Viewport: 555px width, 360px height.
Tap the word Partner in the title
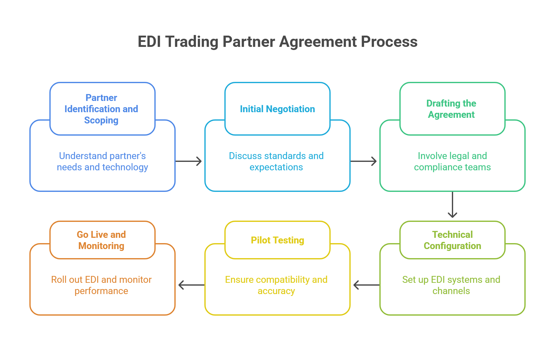coord(250,43)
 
